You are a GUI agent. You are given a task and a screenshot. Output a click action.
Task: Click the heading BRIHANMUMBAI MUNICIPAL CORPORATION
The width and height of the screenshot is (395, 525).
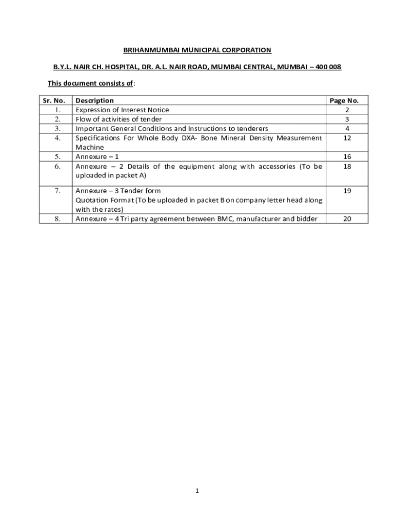pos(197,50)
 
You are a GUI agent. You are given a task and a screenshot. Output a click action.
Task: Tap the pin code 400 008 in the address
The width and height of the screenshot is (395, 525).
pos(328,67)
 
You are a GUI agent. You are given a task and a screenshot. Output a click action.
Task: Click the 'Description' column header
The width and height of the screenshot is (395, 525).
pos(95,100)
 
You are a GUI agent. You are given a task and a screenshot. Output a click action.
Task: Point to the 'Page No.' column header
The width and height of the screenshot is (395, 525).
pos(347,100)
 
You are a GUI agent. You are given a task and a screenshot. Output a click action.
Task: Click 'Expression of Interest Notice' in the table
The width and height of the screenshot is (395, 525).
pos(122,110)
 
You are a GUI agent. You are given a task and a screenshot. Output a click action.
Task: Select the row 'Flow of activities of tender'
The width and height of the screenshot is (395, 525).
pos(118,119)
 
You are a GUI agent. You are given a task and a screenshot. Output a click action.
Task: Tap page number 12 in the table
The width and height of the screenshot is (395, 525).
pos(347,138)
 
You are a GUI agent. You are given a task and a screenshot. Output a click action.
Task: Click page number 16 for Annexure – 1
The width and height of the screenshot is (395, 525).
pos(347,157)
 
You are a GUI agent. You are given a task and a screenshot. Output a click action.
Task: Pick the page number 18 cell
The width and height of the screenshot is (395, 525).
pos(347,166)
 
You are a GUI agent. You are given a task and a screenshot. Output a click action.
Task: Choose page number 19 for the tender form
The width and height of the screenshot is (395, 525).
pos(347,191)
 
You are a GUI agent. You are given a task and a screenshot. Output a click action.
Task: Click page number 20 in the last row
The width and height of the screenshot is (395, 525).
pos(347,219)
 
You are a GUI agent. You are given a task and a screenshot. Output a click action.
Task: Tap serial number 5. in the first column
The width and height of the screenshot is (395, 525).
pos(58,157)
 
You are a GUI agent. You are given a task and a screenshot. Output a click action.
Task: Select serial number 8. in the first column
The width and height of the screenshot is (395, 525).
pos(58,219)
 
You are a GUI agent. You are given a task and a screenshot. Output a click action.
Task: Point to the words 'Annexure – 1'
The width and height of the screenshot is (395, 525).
pos(97,157)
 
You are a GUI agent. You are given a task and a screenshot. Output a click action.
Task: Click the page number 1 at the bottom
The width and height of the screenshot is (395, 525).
pos(197,491)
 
